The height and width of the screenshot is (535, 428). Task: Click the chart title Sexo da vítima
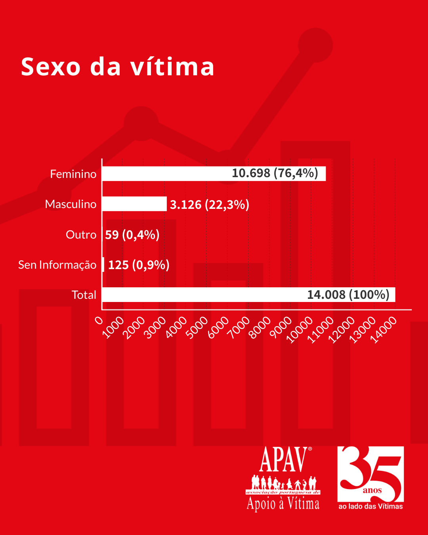pyautogui.click(x=118, y=67)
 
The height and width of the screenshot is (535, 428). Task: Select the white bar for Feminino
pyautogui.click(x=166, y=174)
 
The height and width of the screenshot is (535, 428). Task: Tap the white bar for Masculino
pyautogui.click(x=134, y=204)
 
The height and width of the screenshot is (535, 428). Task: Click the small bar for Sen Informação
pyautogui.click(x=103, y=265)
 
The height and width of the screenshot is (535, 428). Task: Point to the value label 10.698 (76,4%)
pyautogui.click(x=275, y=173)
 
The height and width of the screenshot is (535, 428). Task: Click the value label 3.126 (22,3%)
pyautogui.click(x=210, y=204)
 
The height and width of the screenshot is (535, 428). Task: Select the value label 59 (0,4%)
pyautogui.click(x=132, y=235)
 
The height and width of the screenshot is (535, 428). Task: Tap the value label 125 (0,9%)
pyautogui.click(x=139, y=265)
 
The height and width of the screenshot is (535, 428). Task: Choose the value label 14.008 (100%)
pyautogui.click(x=348, y=295)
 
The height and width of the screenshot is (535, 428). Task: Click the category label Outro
pyautogui.click(x=81, y=235)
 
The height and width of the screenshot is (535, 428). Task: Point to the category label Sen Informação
pyautogui.click(x=57, y=265)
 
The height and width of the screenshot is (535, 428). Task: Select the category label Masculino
pyautogui.click(x=71, y=204)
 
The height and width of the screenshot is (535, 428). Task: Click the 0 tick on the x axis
pyautogui.click(x=99, y=320)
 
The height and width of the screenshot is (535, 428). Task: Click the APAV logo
pyautogui.click(x=283, y=479)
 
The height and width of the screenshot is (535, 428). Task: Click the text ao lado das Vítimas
pyautogui.click(x=371, y=506)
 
